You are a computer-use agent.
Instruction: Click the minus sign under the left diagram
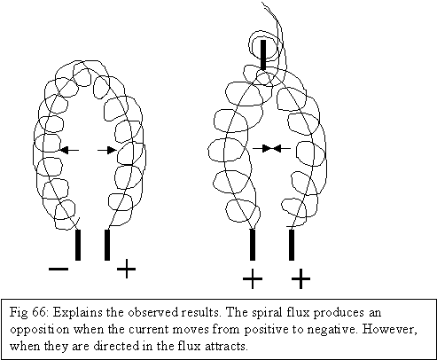click(x=59, y=269)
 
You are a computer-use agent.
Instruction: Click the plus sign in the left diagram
click(x=127, y=269)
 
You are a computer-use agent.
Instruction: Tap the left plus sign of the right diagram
click(x=253, y=278)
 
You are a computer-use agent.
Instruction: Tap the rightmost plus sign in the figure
click(x=300, y=278)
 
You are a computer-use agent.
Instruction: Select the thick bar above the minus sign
click(x=78, y=245)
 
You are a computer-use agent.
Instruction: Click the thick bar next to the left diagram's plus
click(x=107, y=245)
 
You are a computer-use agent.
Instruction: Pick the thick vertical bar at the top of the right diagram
click(x=263, y=55)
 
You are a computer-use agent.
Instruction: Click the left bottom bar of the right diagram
click(x=253, y=245)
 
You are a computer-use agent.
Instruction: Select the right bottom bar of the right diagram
click(x=292, y=245)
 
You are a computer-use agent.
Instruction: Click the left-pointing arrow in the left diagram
click(x=69, y=150)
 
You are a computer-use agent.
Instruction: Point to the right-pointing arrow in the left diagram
click(x=107, y=150)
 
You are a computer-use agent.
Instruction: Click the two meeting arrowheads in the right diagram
click(x=271, y=148)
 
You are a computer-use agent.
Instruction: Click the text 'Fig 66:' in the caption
click(x=28, y=312)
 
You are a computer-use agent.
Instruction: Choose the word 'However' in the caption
click(x=390, y=330)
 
